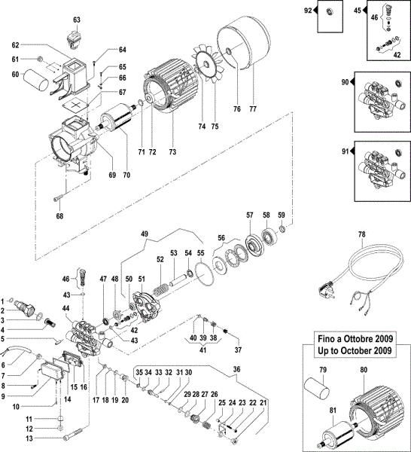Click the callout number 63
(x=76, y=19)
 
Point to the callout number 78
(x=361, y=235)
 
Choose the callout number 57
(x=248, y=215)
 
